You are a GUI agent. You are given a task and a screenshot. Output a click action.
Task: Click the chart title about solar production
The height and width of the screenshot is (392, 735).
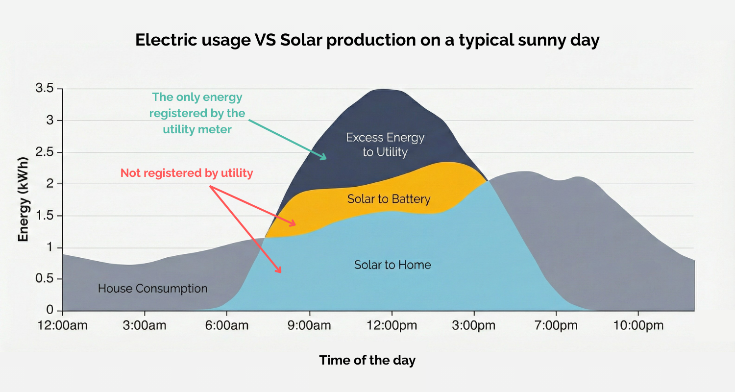pyautogui.click(x=367, y=40)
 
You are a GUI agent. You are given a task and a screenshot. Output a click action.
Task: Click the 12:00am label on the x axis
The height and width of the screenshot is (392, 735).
pyautogui.click(x=62, y=325)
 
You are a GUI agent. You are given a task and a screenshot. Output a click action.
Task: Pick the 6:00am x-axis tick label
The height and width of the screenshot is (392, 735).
pyautogui.click(x=226, y=325)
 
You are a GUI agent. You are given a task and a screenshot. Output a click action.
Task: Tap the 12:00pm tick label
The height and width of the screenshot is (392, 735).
pyautogui.click(x=391, y=325)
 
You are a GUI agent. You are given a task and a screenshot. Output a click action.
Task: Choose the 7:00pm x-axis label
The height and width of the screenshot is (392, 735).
pyautogui.click(x=555, y=325)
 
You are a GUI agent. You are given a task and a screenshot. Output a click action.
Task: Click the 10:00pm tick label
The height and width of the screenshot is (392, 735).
pyautogui.click(x=637, y=325)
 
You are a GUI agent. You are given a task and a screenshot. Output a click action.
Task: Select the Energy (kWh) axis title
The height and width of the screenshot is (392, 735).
pyautogui.click(x=23, y=200)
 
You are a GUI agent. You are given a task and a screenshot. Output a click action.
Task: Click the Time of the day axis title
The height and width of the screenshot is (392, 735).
pyautogui.click(x=367, y=361)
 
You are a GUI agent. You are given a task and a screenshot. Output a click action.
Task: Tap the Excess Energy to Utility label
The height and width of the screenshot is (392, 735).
pyautogui.click(x=385, y=145)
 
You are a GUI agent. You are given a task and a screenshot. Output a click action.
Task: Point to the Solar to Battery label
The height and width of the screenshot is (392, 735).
pyautogui.click(x=389, y=199)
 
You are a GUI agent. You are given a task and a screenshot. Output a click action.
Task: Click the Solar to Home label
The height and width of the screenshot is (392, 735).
pyautogui.click(x=392, y=265)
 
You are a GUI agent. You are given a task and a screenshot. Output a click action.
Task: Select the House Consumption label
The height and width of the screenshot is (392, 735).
pyautogui.click(x=152, y=288)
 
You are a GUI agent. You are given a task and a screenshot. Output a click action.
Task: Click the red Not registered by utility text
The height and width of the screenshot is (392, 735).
pyautogui.click(x=187, y=173)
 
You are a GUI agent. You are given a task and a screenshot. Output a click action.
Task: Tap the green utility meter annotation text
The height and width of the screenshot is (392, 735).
pyautogui.click(x=197, y=114)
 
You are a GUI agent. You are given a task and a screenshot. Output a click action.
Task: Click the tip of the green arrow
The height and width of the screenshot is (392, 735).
pyautogui.click(x=326, y=158)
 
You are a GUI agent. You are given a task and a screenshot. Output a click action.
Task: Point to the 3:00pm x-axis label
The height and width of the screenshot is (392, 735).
pyautogui.click(x=473, y=325)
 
